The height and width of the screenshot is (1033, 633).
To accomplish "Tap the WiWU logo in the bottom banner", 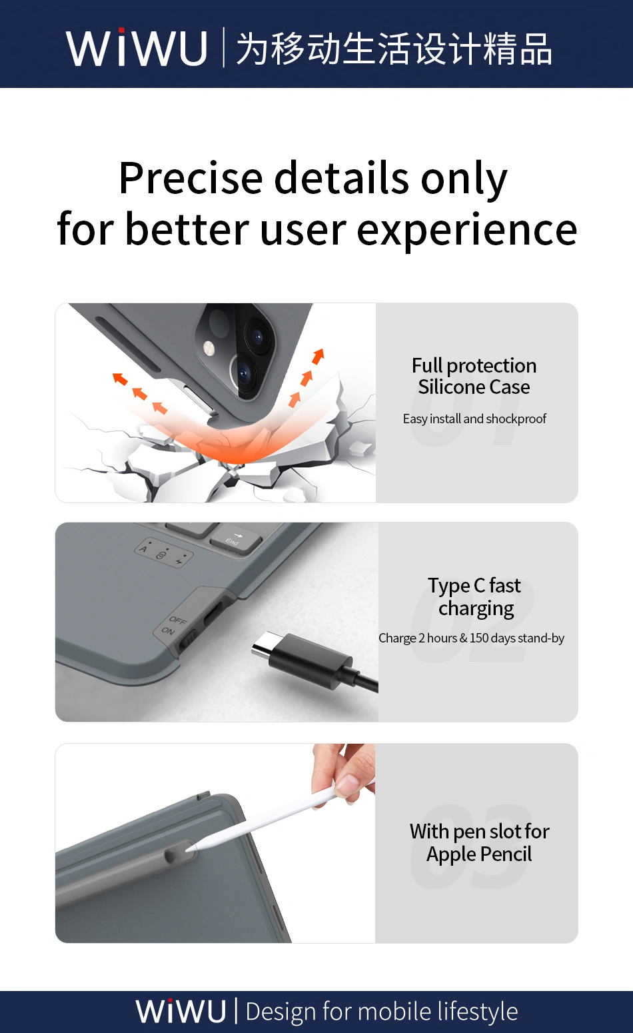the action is pos(181,1011).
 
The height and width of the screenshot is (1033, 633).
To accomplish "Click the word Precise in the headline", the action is pos(191,179).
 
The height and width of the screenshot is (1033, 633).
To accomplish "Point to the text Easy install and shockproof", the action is pos(474,419).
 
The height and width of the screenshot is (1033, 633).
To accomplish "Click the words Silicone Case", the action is pos(474,387).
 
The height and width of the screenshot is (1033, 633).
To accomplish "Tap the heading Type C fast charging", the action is pos(475,596).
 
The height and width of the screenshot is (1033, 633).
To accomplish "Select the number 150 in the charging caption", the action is pos(479,638).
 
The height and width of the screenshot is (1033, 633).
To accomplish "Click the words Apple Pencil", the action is pos(479,854).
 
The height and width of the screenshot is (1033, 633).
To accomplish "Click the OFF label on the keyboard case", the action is pos(178,620).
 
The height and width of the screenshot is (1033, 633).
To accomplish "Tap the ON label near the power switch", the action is pos(169,631).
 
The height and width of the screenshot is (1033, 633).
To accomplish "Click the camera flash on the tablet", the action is pos(209,347).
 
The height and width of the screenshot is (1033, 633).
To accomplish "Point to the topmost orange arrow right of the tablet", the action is pos(318,356).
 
